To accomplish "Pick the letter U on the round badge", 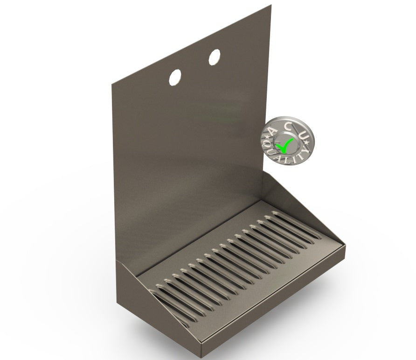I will click(x=303, y=135).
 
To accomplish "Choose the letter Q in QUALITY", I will click(x=270, y=145).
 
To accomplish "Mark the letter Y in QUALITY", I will click(x=306, y=150).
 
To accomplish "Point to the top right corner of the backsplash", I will click(x=271, y=6).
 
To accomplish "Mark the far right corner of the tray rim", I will click(x=345, y=244).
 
